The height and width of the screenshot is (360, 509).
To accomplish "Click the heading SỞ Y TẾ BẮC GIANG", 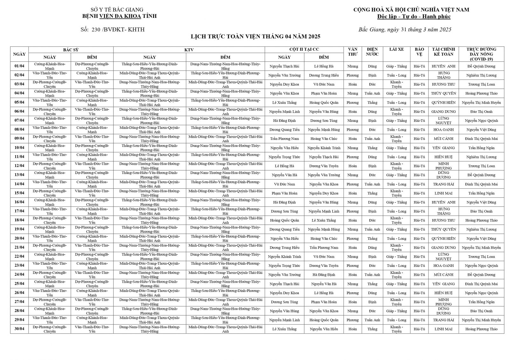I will tap(117, 10).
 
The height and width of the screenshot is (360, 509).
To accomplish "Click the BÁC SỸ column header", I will tap(71, 50).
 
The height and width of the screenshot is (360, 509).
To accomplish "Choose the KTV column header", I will tap(189, 50).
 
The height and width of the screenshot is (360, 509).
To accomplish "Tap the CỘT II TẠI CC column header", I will tap(304, 49).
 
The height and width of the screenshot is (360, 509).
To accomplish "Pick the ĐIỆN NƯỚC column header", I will tap(372, 52).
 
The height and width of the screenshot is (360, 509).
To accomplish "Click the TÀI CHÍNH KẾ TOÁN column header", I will tap(443, 52).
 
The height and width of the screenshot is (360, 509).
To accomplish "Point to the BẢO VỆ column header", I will tap(419, 52).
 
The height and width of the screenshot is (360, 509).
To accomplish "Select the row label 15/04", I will tap(19, 193).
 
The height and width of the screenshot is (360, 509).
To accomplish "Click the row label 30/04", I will tap(19, 329).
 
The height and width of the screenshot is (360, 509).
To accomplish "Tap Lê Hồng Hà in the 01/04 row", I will tap(324, 66).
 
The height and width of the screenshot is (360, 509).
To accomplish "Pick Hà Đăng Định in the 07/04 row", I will tap(284, 121).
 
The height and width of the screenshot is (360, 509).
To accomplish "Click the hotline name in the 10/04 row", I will tap(481, 148).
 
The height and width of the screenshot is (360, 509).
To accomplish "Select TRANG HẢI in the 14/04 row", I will tap(443, 184).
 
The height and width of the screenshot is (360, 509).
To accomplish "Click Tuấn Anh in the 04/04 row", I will tap(372, 93).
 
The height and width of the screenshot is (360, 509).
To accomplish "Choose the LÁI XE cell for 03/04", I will tap(396, 84).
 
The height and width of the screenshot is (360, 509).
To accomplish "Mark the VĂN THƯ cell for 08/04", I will tap(352, 130).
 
